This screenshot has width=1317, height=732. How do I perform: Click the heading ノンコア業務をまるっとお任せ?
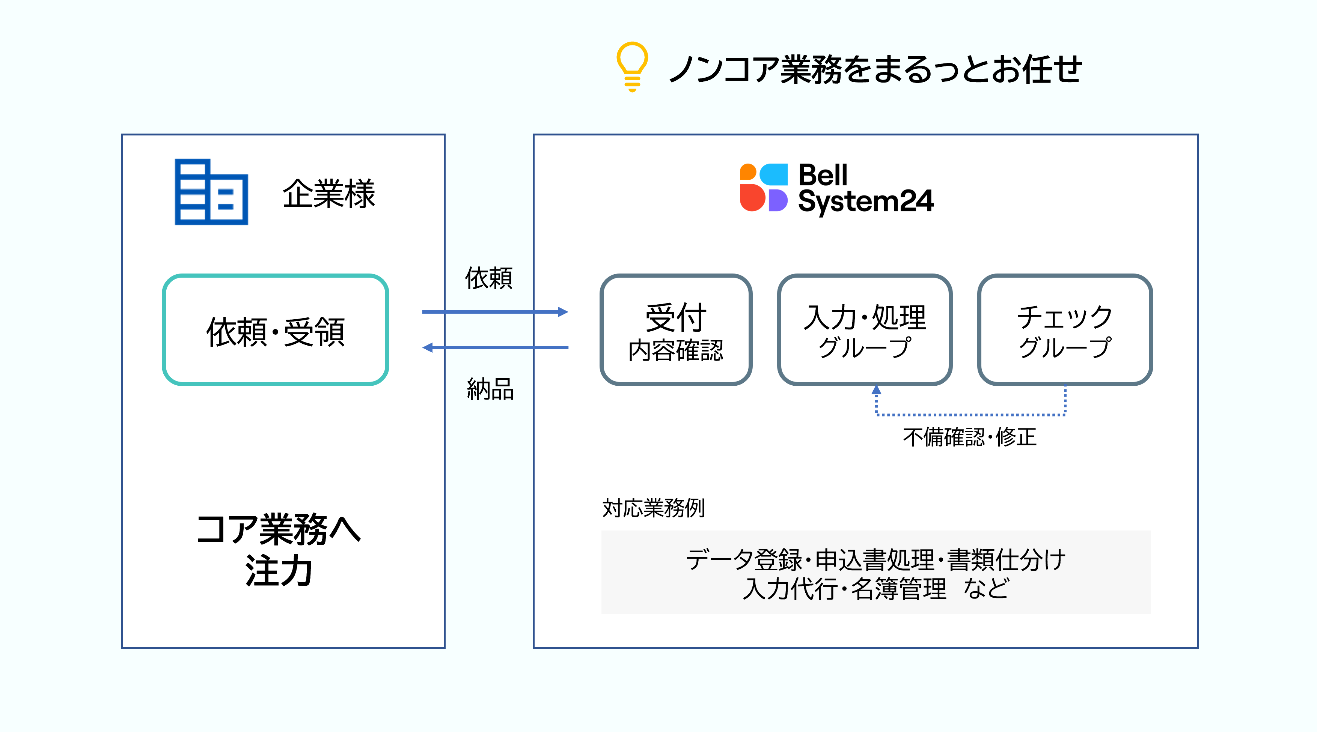875,69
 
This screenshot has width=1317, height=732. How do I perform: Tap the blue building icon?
211,192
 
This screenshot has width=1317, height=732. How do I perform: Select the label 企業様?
329,194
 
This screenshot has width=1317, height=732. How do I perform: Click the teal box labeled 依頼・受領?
275,330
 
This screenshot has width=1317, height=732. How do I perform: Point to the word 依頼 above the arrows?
488,278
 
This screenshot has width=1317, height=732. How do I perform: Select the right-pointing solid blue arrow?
495,312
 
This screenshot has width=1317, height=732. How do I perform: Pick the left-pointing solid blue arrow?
495,348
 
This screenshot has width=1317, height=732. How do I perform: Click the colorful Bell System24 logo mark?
763,188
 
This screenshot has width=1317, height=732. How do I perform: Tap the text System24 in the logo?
865,201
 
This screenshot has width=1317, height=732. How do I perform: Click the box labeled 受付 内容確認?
675,330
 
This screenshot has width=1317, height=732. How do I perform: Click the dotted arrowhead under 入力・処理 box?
876,390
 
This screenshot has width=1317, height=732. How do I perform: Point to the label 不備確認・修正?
969,437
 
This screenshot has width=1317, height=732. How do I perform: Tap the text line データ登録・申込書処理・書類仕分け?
875,559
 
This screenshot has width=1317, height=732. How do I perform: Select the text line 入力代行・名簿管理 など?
875,588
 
